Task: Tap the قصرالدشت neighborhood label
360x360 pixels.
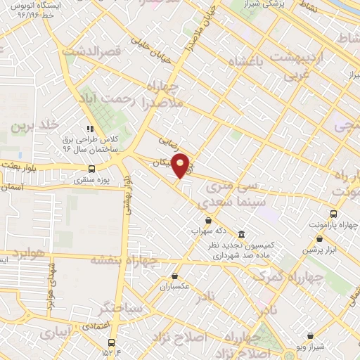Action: coord(92,51)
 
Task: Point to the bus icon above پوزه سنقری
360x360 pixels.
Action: coord(91,169)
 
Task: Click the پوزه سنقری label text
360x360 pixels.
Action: coord(91,181)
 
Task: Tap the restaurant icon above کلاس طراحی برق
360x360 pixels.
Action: coord(89,129)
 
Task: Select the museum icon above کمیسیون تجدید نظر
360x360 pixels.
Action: coord(241,233)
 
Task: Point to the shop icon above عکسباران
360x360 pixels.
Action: coord(174,276)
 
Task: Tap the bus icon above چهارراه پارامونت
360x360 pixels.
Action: coord(332,213)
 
